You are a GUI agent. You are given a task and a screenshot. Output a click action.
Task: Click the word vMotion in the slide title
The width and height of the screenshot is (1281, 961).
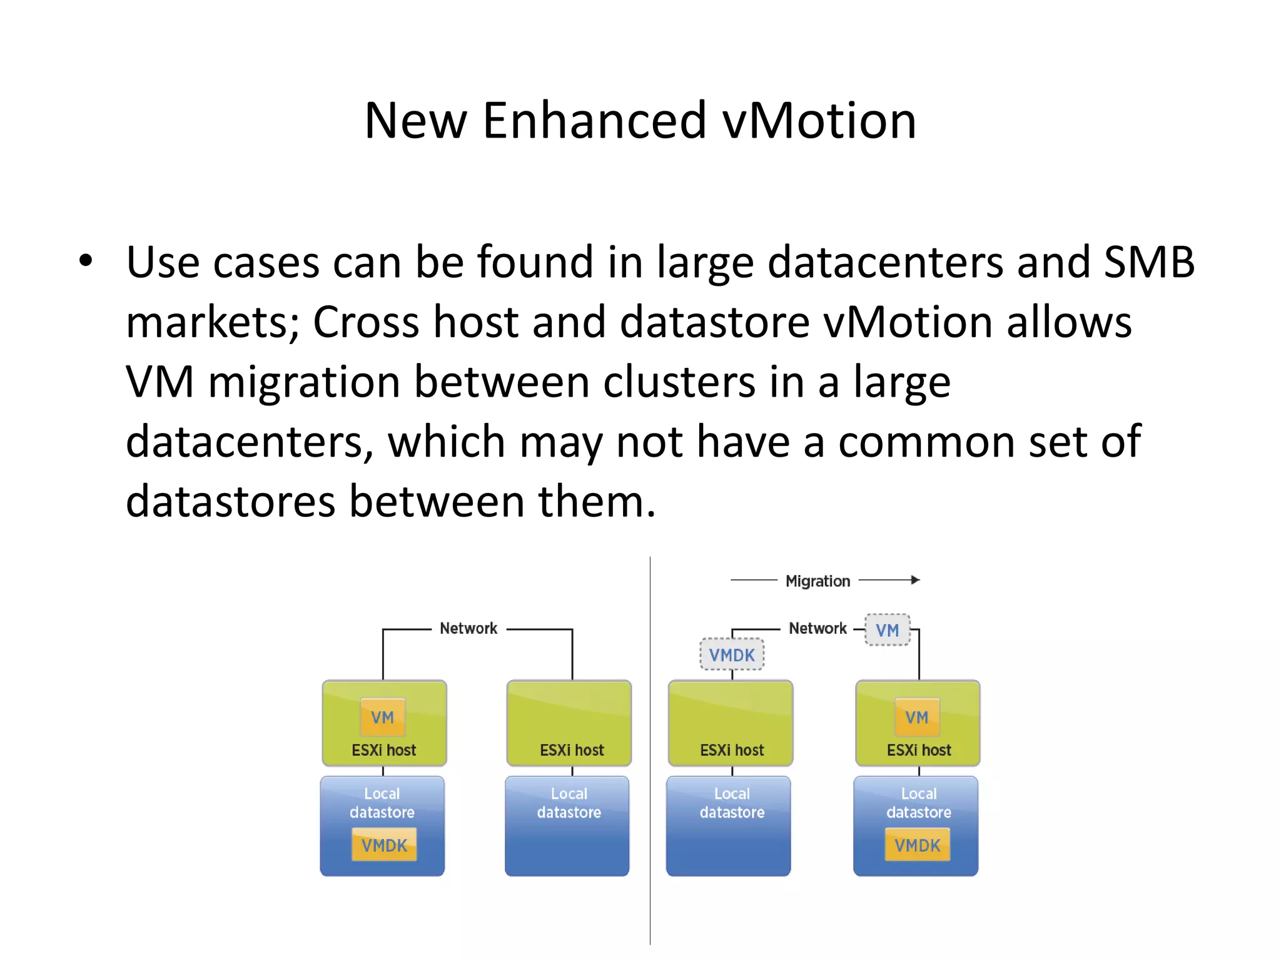819,120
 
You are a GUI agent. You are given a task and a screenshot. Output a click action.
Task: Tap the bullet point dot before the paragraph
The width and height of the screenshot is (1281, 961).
86,261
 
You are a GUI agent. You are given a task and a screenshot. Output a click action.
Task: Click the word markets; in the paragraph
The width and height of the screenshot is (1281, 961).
212,323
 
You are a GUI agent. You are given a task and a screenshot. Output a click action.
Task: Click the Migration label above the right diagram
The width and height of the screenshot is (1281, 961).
818,581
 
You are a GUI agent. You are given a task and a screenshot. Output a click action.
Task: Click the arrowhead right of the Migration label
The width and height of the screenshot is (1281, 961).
915,580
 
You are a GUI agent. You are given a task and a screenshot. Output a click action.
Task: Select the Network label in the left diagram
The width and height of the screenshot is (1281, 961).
468,628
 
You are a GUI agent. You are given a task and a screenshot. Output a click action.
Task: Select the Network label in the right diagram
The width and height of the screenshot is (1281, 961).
818,628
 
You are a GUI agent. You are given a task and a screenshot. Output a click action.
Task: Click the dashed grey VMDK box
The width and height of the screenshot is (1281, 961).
732,655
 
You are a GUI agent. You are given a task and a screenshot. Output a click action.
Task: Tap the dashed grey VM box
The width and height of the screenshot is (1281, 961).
887,630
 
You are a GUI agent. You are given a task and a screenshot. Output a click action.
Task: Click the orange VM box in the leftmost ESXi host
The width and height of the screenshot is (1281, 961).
383,717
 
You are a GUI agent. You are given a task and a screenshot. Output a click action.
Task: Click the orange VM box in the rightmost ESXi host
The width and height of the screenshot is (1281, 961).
917,717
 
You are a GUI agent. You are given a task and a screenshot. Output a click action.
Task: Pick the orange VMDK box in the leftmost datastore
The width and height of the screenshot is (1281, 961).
384,845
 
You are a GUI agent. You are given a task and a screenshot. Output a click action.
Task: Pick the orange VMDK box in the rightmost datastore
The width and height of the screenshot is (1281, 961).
917,845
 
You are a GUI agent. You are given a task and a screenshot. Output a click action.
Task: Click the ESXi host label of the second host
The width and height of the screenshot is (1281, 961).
572,750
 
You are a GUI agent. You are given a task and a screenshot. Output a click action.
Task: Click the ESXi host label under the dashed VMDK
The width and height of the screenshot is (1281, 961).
732,750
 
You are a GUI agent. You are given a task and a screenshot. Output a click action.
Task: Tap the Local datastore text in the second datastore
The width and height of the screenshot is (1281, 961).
569,803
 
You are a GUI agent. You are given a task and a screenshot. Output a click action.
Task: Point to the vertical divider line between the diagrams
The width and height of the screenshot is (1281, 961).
650,751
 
